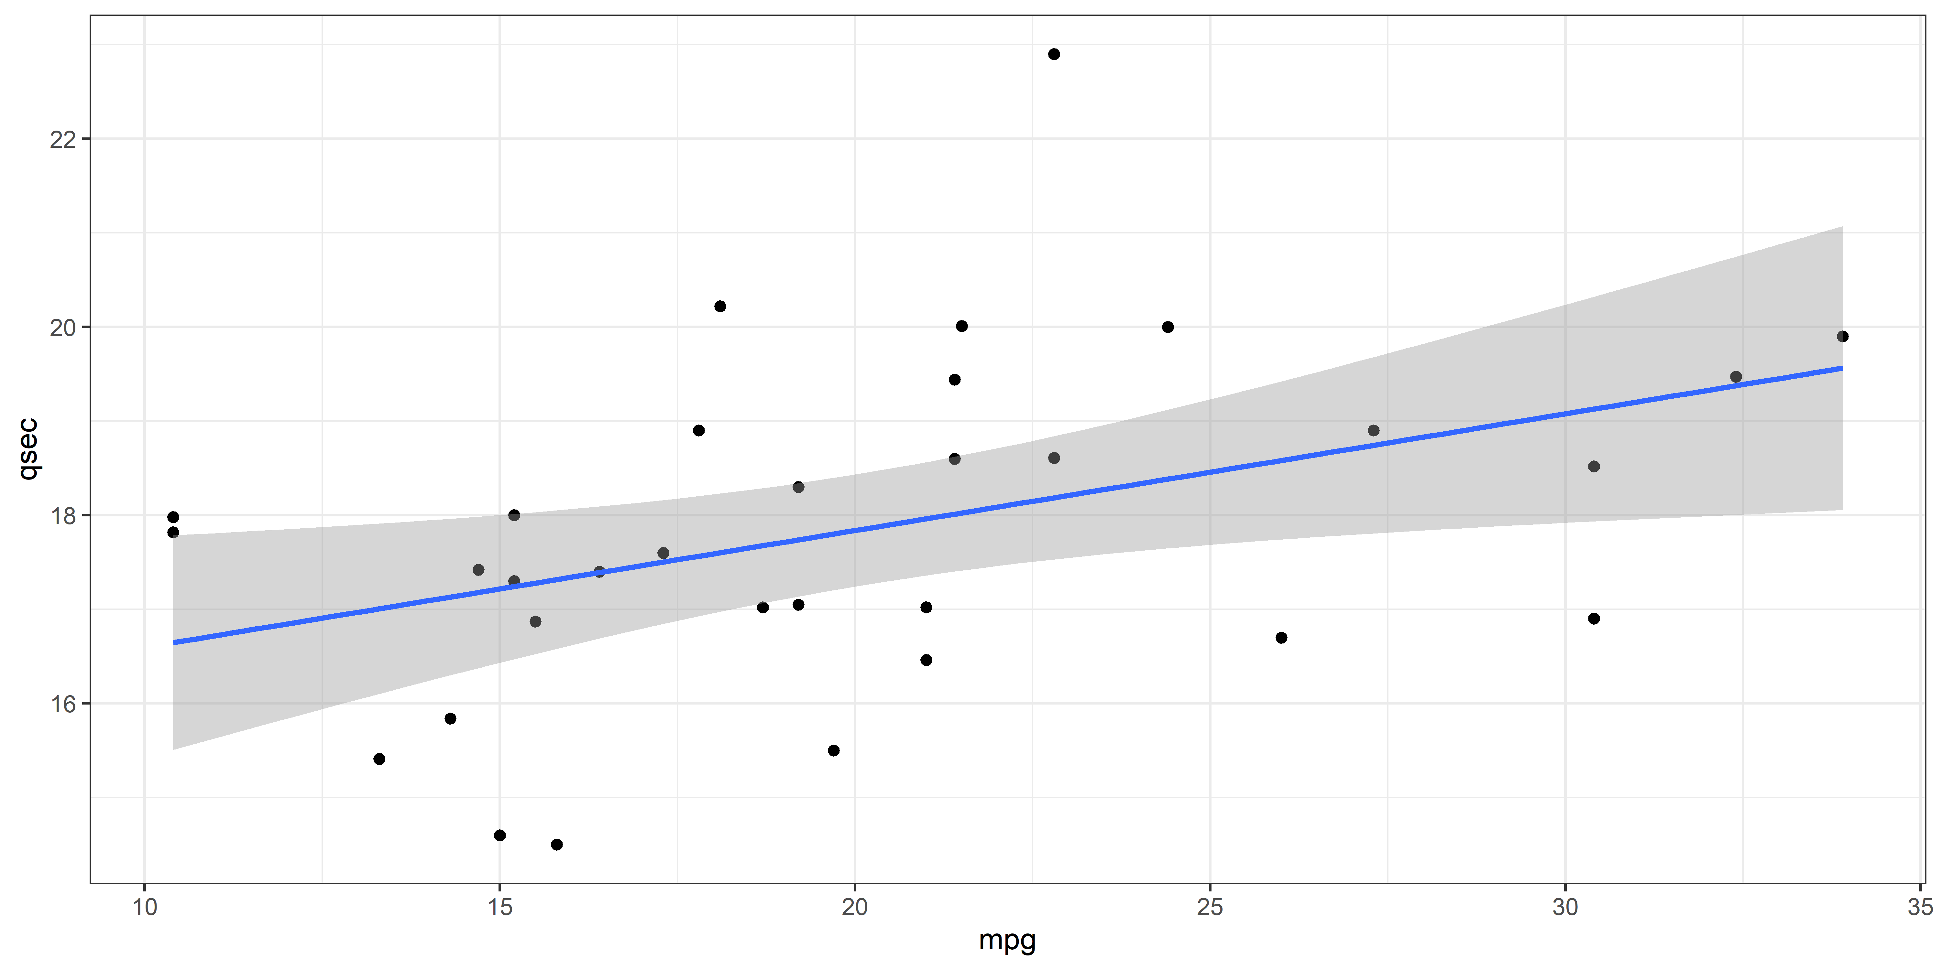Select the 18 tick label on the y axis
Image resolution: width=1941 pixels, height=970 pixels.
(63, 516)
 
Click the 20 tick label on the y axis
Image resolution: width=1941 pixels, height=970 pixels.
(63, 328)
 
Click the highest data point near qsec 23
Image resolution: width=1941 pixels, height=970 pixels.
(1054, 54)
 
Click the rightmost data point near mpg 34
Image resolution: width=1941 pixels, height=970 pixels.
(1842, 337)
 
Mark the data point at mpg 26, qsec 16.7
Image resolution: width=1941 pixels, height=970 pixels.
(1281, 638)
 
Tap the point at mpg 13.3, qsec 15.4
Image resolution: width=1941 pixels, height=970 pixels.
(379, 759)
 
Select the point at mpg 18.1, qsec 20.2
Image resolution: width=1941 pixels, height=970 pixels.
(719, 307)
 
